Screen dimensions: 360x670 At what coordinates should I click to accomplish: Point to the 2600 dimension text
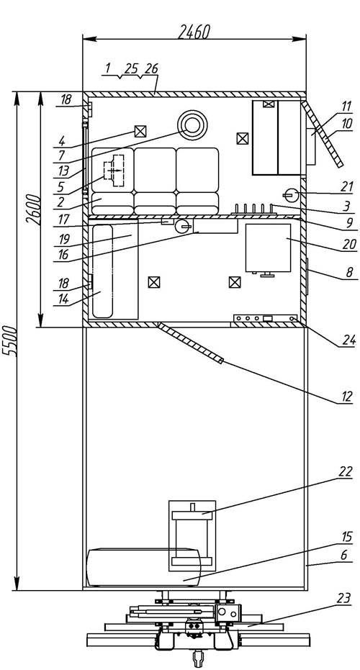coord(33,210)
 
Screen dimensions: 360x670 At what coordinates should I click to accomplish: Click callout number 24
coord(346,340)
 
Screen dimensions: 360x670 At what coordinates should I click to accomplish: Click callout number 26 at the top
coord(151,68)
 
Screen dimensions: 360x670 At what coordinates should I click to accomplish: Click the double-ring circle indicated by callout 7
coord(192,125)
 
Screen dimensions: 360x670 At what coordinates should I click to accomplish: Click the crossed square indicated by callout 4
coord(140,131)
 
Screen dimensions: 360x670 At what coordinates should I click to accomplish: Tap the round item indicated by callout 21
coord(290,195)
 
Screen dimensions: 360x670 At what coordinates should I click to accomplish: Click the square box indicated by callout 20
coord(268,247)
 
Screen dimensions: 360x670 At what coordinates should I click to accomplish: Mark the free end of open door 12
coord(221,362)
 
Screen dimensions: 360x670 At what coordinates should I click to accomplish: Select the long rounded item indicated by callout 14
coord(103,271)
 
